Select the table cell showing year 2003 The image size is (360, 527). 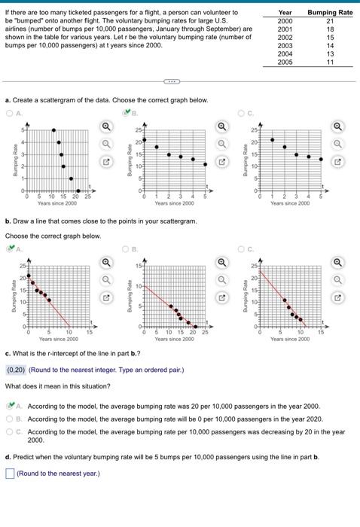285,46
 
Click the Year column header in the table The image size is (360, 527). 285,13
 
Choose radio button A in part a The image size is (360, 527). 9,114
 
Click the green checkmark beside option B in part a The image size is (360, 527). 127,114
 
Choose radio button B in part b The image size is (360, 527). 127,248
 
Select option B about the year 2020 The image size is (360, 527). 9,419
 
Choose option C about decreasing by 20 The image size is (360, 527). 9,432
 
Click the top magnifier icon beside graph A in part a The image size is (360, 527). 106,127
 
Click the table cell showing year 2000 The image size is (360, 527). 285,21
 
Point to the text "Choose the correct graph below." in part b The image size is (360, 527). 53,236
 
